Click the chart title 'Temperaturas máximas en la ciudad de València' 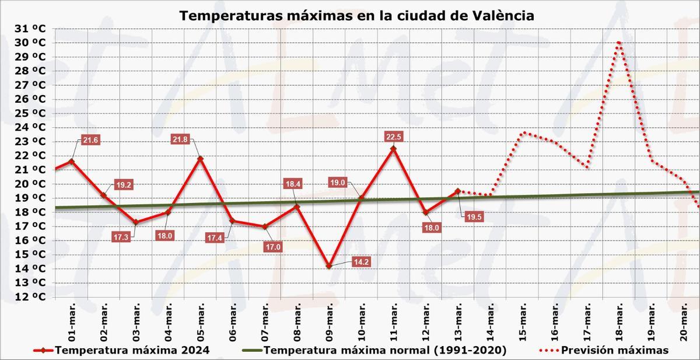[356, 15]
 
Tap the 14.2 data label [361, 262]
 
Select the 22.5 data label [394, 137]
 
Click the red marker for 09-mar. [329, 266]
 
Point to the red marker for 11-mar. [393, 148]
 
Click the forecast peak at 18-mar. [618, 43]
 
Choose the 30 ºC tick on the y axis [30, 43]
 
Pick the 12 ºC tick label [30, 296]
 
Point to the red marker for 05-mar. [201, 159]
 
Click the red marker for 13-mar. [458, 191]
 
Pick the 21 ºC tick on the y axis [30, 169]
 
